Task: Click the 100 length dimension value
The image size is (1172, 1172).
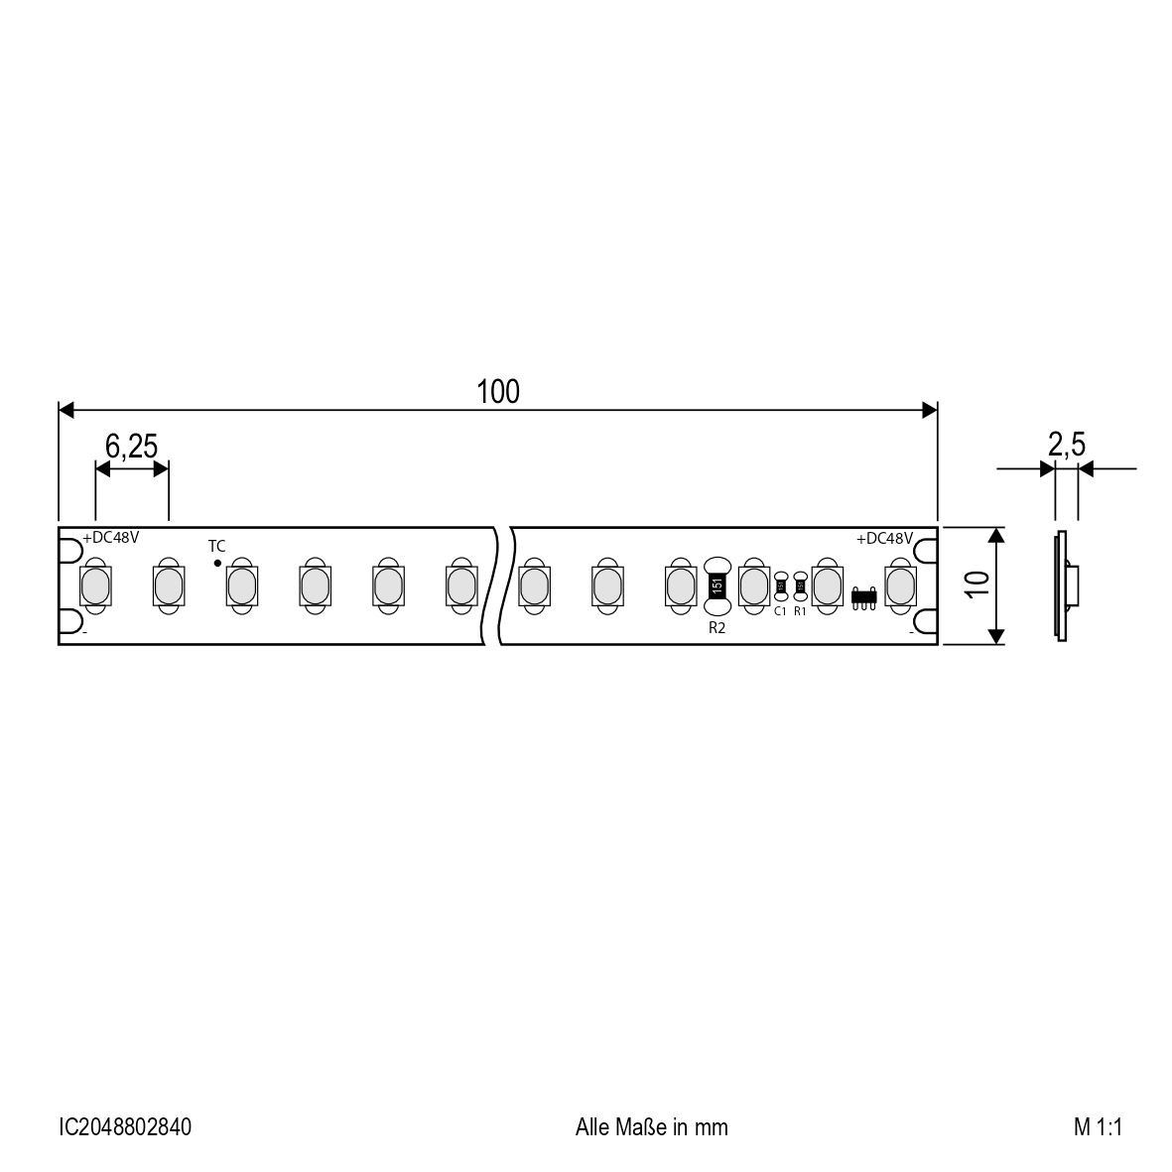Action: [x=498, y=392]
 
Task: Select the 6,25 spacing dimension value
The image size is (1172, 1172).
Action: [x=131, y=447]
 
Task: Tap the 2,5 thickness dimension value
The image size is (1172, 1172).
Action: [x=1066, y=446]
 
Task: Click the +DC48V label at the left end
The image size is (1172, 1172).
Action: [x=110, y=538]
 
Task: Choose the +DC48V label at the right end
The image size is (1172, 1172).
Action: [x=884, y=538]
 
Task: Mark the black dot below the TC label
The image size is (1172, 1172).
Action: [x=217, y=563]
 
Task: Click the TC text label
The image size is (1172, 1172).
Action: [x=216, y=546]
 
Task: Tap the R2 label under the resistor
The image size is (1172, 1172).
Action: [x=716, y=628]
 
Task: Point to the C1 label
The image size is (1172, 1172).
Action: [x=780, y=611]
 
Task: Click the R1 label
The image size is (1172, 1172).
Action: [x=800, y=611]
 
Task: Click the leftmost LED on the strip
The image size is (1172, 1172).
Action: [x=95, y=586]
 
